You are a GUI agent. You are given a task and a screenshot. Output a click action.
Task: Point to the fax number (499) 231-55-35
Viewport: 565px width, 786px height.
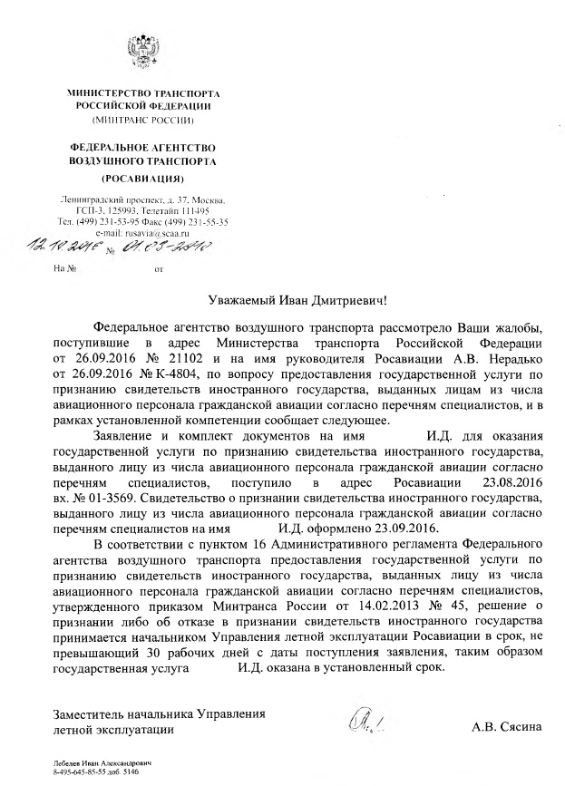[194, 221]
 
